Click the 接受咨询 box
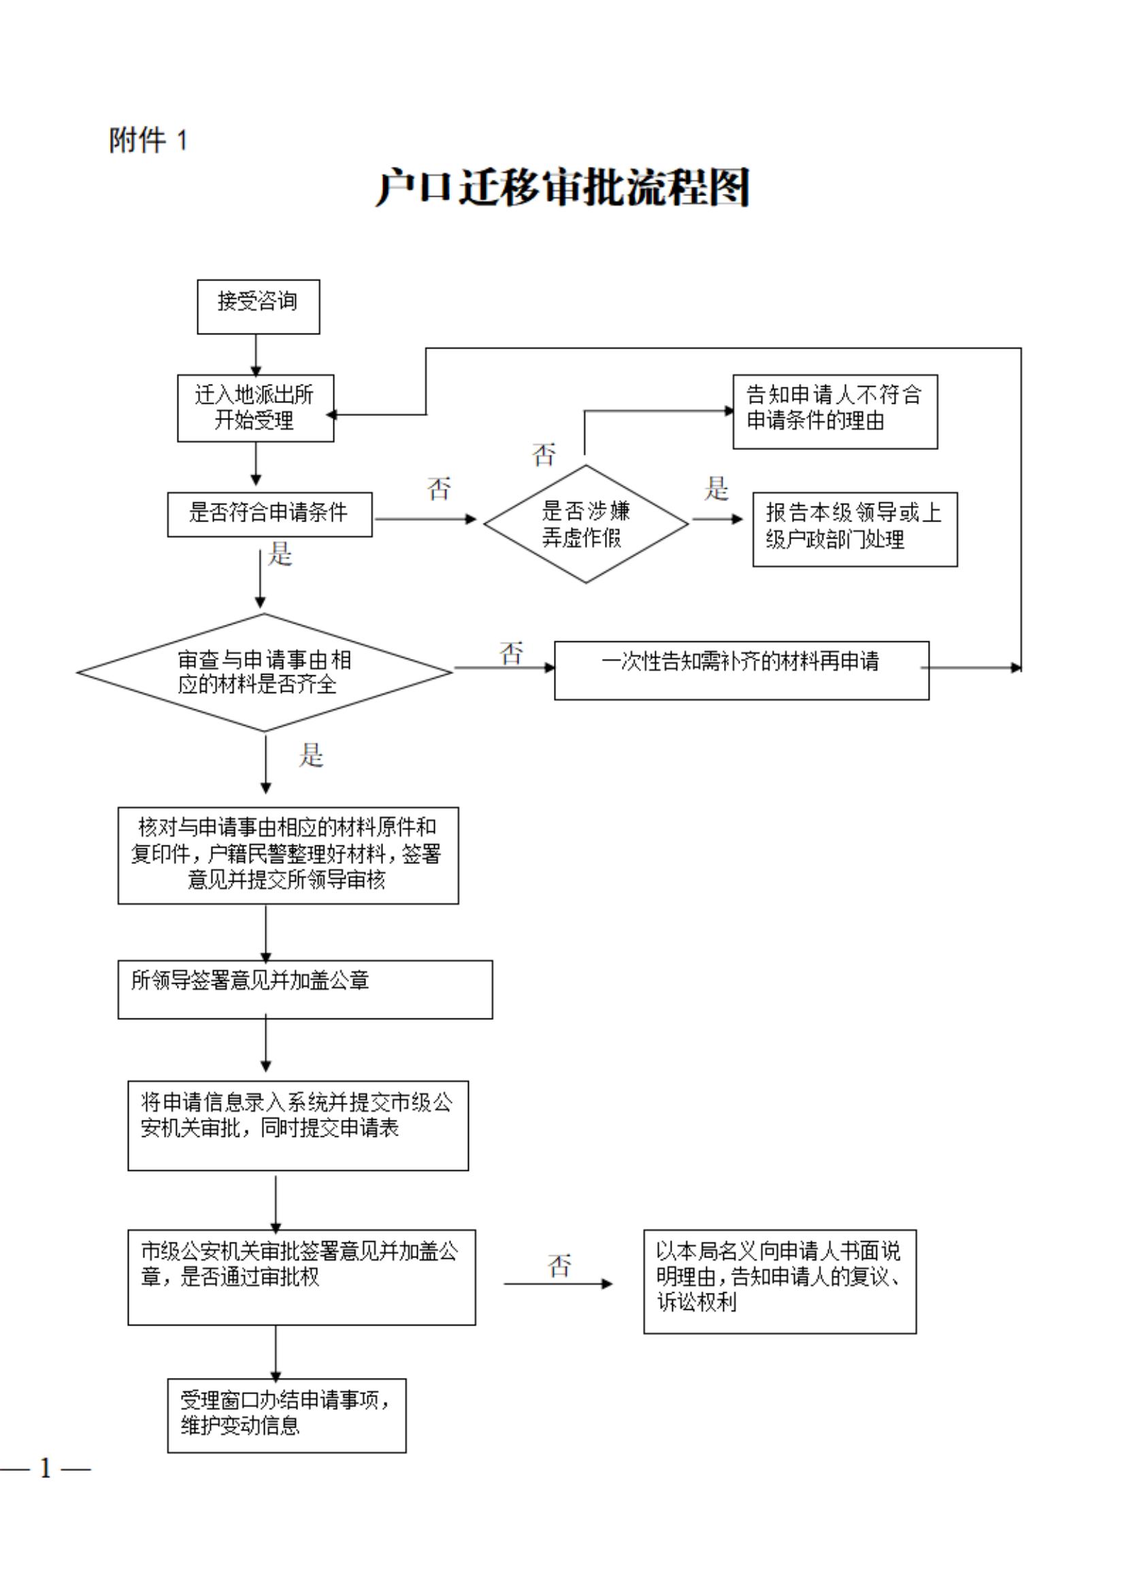(x=259, y=306)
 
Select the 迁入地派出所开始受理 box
(x=256, y=408)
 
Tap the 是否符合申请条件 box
(x=269, y=514)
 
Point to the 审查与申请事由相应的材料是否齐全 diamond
(x=264, y=671)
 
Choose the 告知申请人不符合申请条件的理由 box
(x=835, y=412)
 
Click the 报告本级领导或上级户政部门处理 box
(x=855, y=530)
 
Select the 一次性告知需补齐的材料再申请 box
(x=741, y=670)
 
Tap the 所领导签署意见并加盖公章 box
(x=305, y=989)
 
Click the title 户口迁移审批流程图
(x=563, y=187)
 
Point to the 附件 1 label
(x=148, y=141)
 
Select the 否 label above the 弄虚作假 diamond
(x=544, y=455)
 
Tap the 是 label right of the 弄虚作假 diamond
(x=716, y=489)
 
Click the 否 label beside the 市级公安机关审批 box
(x=559, y=1266)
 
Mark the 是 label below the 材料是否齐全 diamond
(x=311, y=754)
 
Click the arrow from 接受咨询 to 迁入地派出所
(x=256, y=355)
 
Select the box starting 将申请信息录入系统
(x=298, y=1125)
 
